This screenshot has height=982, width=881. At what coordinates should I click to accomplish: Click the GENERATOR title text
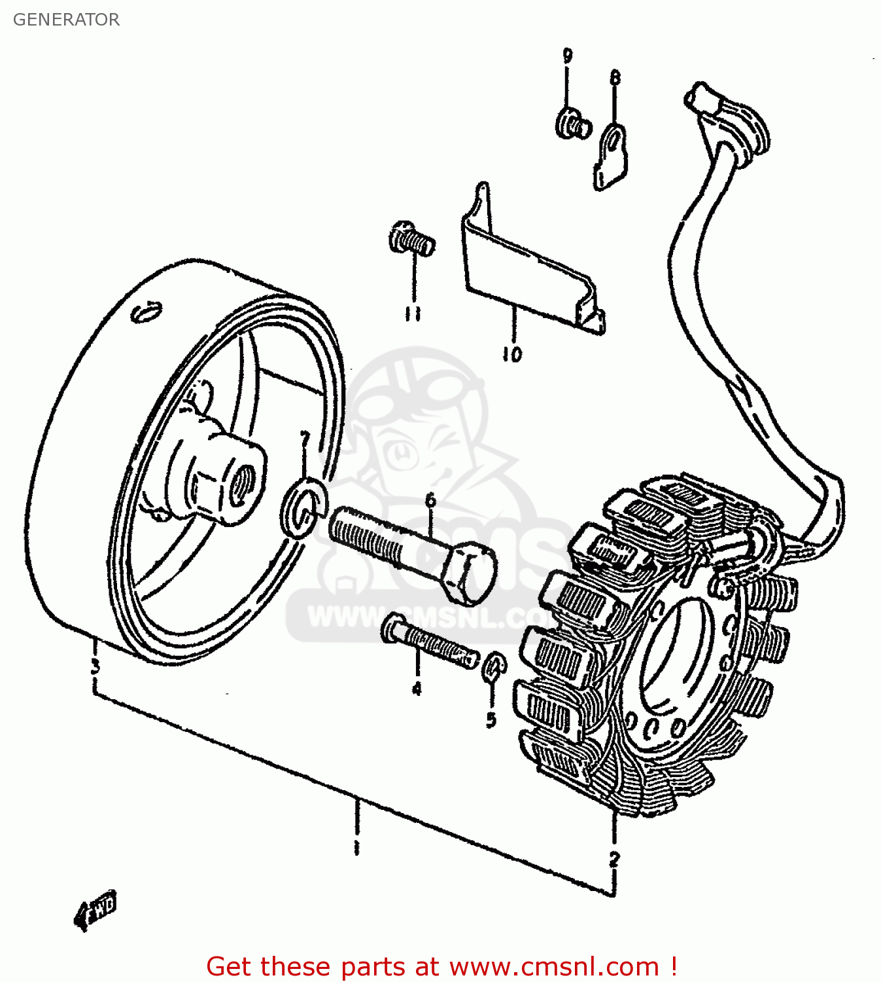(x=66, y=20)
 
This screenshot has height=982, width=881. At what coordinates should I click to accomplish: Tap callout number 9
(x=567, y=56)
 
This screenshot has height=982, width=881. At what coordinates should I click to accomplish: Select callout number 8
(x=615, y=79)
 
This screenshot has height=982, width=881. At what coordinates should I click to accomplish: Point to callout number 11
(x=412, y=314)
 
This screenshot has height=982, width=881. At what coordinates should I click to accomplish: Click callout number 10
(x=512, y=354)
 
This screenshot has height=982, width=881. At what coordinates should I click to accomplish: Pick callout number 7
(x=304, y=440)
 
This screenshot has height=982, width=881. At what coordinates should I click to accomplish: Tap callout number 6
(x=430, y=501)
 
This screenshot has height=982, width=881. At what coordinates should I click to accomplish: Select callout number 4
(x=417, y=688)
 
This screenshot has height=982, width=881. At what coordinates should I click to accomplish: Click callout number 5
(x=491, y=719)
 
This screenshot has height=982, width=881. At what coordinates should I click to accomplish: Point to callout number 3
(x=95, y=667)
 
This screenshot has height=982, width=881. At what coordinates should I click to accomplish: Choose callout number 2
(x=613, y=858)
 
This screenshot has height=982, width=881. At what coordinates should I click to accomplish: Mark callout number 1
(x=356, y=847)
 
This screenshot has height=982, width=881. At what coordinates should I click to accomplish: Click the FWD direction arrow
(x=95, y=909)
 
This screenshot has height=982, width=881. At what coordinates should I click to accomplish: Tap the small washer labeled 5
(x=494, y=668)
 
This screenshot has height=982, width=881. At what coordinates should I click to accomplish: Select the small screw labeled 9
(x=573, y=124)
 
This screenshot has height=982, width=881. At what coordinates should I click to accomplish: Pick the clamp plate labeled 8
(x=610, y=156)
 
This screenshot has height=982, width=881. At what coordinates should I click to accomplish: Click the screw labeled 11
(x=411, y=240)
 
